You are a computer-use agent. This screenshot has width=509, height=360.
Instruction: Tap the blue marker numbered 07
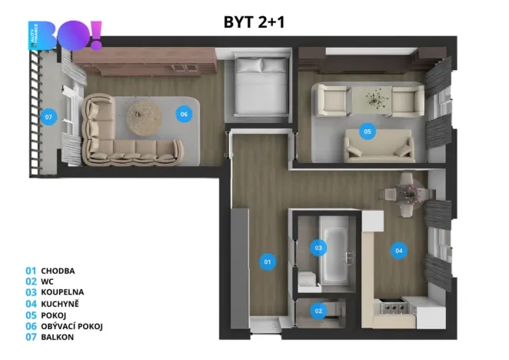click(48, 117)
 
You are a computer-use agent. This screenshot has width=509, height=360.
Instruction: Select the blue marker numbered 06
click(183, 115)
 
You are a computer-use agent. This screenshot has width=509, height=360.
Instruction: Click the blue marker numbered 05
click(368, 132)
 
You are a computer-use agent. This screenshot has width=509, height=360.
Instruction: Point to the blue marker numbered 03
click(318, 248)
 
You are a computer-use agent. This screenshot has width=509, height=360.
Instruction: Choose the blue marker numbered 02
click(319, 312)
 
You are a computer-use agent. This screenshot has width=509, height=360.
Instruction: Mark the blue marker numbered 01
click(268, 262)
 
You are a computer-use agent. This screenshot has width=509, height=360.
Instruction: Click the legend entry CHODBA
click(58, 271)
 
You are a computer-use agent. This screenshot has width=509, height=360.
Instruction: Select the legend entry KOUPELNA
click(62, 292)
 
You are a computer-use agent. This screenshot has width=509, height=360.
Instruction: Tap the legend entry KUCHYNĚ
click(59, 304)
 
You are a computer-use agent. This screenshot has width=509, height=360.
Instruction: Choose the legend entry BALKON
click(57, 337)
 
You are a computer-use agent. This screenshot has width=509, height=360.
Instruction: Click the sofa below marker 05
click(373, 145)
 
